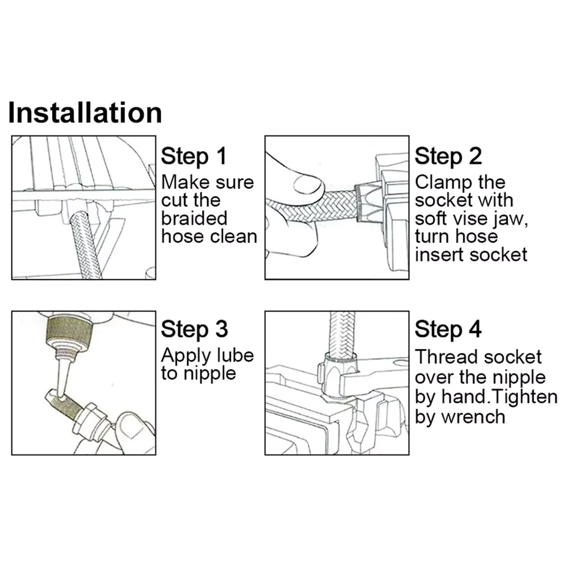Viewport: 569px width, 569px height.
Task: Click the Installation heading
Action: point(85,113)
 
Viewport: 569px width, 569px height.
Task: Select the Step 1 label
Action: point(194,156)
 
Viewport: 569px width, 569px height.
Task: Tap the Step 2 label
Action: point(448,156)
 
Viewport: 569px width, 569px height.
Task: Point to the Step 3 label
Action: point(194,329)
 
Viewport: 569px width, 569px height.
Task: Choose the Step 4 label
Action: point(448,329)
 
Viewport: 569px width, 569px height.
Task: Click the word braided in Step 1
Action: point(194,218)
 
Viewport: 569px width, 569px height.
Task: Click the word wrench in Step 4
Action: point(473,417)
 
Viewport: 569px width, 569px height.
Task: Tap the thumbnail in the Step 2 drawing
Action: point(308,185)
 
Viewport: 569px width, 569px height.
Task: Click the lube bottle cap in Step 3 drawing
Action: point(69,335)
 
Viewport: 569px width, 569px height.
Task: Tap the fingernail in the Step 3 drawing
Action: point(131,426)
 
